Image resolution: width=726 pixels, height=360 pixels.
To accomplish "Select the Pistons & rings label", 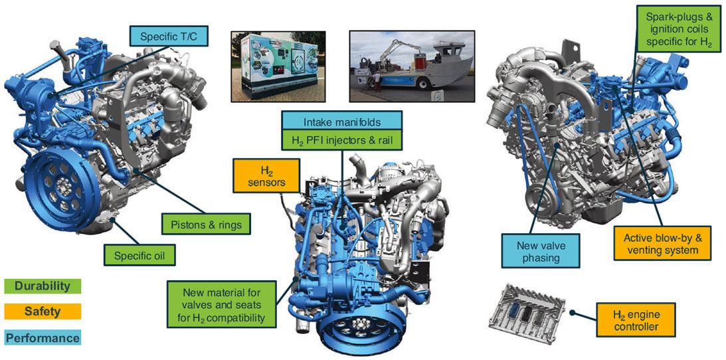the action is pos(205,223).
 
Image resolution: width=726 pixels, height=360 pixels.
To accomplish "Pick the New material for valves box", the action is pos(222,304).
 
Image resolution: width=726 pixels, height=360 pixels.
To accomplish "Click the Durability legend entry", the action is pos(42,286).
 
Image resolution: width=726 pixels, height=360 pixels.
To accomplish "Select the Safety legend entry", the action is pos(42,311).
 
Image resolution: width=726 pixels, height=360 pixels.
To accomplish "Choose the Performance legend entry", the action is pos(42,337).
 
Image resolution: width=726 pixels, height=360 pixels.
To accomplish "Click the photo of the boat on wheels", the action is pos(412,66).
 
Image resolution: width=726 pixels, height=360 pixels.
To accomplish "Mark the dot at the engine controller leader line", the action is pos(573,313).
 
